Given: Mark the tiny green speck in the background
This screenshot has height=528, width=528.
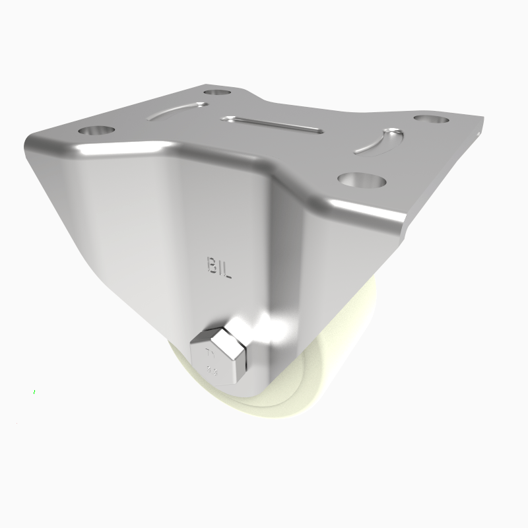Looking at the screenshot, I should coord(34,393).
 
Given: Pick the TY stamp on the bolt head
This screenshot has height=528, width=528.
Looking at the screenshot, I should coord(213,352).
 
